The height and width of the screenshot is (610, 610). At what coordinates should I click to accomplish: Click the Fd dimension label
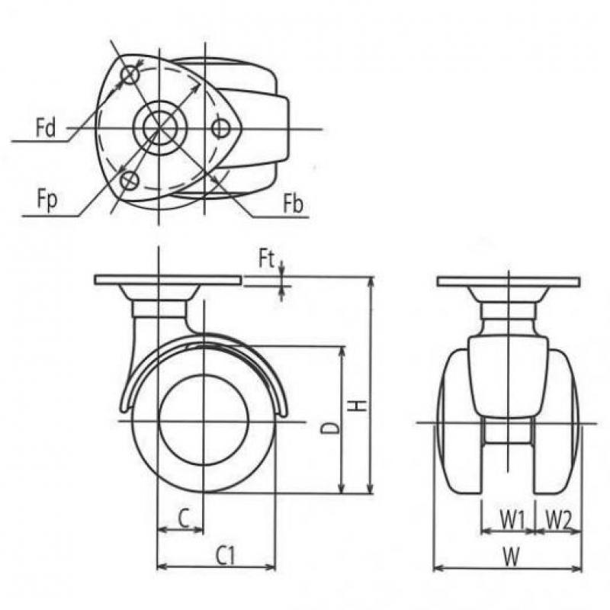coord(46,127)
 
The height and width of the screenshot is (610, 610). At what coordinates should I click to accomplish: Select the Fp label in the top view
coord(47,200)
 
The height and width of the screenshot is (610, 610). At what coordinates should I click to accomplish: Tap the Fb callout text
coord(293,203)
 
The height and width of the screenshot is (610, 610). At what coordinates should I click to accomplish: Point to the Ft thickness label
coord(266,259)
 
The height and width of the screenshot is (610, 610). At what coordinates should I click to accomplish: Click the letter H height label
coord(356,406)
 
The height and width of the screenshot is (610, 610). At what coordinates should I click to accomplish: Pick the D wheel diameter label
coord(330,428)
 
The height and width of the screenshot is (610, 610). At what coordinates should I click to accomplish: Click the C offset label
coord(184,518)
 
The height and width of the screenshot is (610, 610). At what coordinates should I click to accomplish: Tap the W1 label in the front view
coord(512,520)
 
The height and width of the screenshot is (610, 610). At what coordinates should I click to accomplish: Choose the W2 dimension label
coord(557,520)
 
